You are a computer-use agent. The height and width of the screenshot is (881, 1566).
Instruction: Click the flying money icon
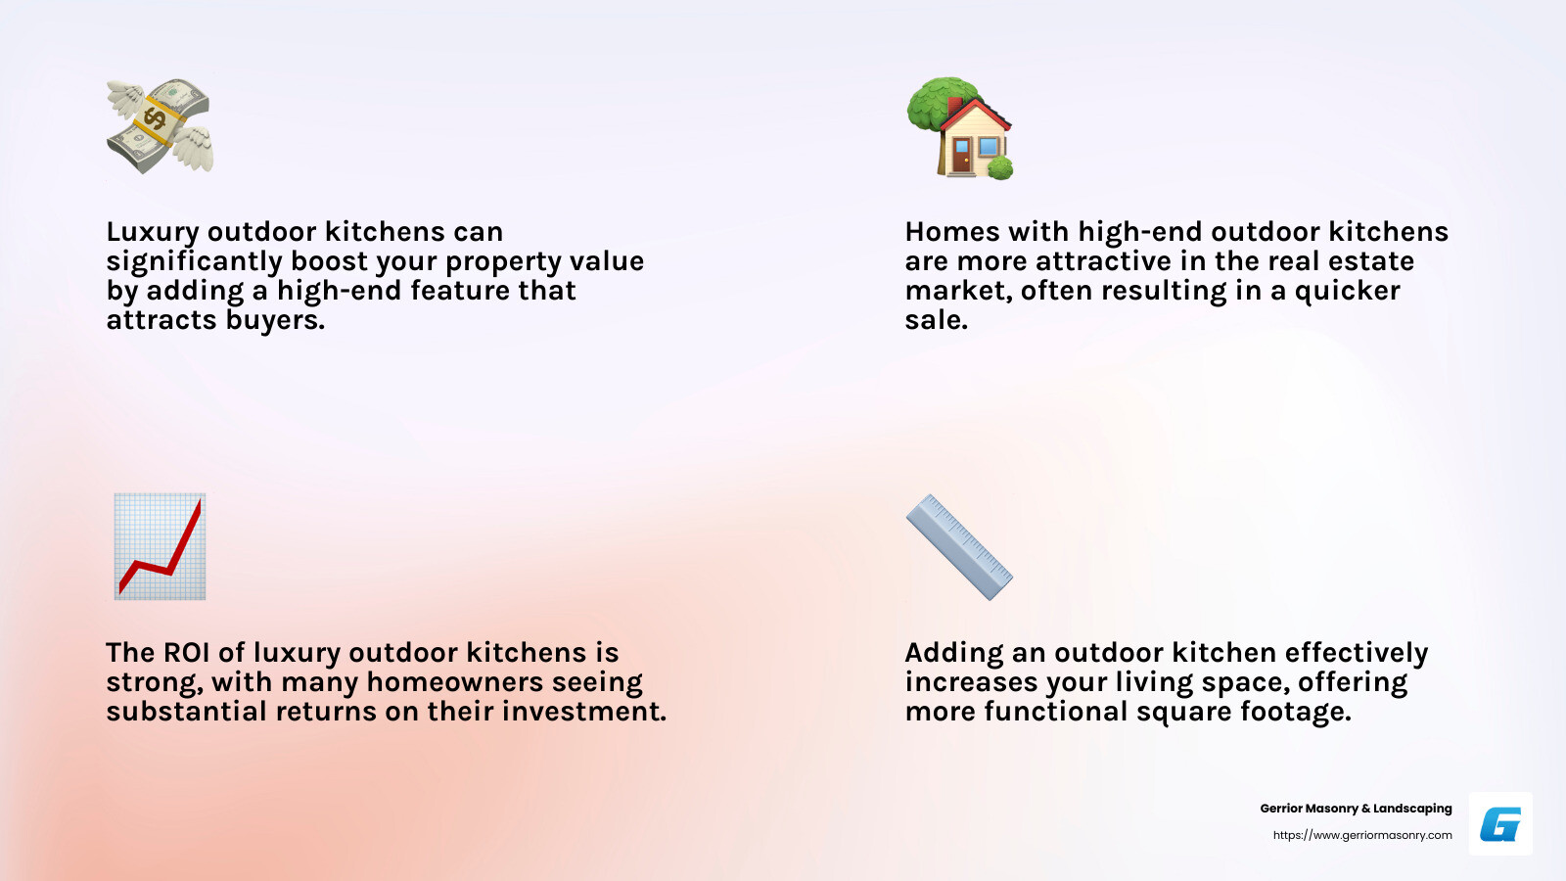click(x=160, y=126)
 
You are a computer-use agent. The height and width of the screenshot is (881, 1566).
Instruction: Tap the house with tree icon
click(x=960, y=128)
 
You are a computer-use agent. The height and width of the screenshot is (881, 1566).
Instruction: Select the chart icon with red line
click(x=160, y=546)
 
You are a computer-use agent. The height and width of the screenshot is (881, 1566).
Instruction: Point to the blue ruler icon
click(x=959, y=546)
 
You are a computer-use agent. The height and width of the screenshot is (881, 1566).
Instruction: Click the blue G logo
click(x=1500, y=824)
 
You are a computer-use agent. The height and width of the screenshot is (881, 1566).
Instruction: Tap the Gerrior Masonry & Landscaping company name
click(x=1356, y=809)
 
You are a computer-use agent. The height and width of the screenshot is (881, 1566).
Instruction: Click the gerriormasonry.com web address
click(x=1362, y=835)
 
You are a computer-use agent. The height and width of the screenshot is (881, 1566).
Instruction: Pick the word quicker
click(x=1347, y=291)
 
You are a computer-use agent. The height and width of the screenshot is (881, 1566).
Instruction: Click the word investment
click(x=584, y=712)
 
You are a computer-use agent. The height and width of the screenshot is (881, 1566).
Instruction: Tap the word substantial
click(x=186, y=712)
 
